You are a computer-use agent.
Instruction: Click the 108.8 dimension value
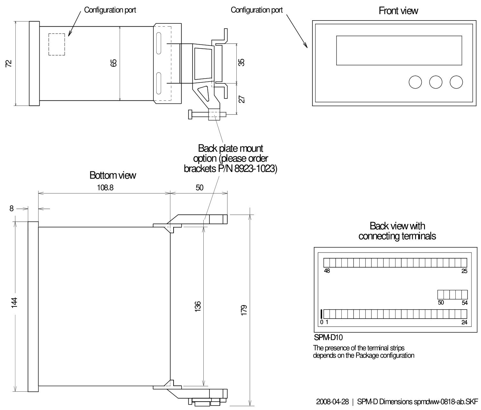(105, 188)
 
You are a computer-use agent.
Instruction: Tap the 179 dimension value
(244, 310)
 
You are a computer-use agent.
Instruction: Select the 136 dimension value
(197, 306)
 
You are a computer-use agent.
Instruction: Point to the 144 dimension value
(14, 303)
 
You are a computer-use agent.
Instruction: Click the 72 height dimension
(9, 64)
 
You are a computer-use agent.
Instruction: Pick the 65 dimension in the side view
(113, 63)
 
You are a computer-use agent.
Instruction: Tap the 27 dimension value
(242, 99)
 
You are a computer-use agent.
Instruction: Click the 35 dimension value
(242, 62)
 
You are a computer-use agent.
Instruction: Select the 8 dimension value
(12, 209)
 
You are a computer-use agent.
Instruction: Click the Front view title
(398, 11)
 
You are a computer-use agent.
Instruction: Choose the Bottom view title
(113, 175)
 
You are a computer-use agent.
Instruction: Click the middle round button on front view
(436, 82)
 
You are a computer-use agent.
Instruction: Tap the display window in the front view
(399, 50)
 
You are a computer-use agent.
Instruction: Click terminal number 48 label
(327, 271)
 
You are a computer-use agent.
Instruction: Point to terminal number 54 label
(464, 303)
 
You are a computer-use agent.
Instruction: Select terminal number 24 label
(464, 322)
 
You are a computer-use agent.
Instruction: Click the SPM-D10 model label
(328, 337)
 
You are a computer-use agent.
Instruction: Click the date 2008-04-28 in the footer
(332, 402)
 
